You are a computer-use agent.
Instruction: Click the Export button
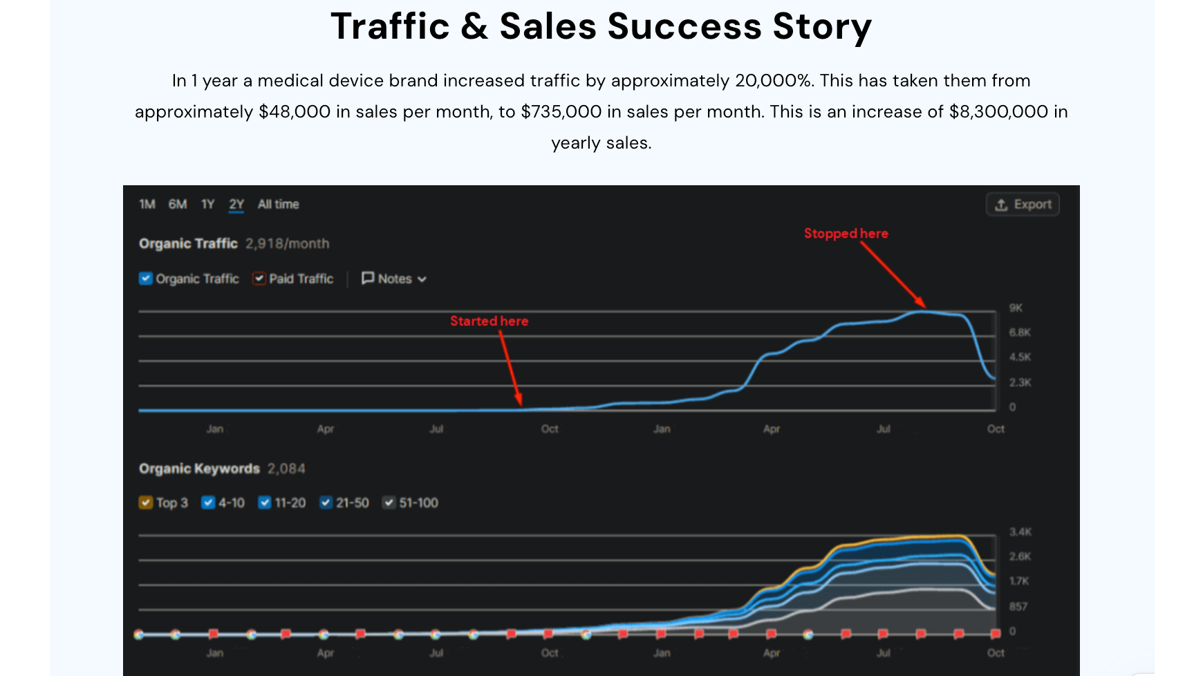pyautogui.click(x=1023, y=205)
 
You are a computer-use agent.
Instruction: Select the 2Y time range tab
pyautogui.click(x=236, y=205)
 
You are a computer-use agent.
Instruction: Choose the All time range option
pyautogui.click(x=278, y=205)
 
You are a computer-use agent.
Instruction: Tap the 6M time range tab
pyautogui.click(x=178, y=205)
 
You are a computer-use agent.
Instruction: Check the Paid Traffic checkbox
pyautogui.click(x=259, y=279)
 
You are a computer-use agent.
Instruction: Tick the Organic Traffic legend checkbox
pyautogui.click(x=146, y=279)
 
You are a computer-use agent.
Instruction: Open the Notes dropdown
pyautogui.click(x=394, y=279)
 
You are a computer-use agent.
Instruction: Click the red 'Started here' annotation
pyautogui.click(x=489, y=321)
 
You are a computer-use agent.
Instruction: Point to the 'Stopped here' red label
pyautogui.click(x=846, y=234)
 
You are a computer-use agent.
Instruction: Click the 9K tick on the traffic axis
pyautogui.click(x=1015, y=308)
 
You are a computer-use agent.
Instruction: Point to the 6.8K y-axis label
pyautogui.click(x=1019, y=332)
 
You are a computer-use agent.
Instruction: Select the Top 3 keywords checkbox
pyautogui.click(x=146, y=503)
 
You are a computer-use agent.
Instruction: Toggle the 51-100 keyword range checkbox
pyautogui.click(x=389, y=503)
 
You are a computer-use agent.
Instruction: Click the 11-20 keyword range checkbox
pyautogui.click(x=265, y=503)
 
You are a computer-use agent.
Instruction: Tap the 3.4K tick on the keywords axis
pyautogui.click(x=1020, y=532)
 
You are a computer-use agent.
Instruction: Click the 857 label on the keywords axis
pyautogui.click(x=1018, y=606)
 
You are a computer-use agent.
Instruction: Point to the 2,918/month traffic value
pyautogui.click(x=287, y=244)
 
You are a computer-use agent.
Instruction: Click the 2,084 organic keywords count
pyautogui.click(x=286, y=469)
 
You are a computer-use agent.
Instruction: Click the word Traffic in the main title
pyautogui.click(x=391, y=27)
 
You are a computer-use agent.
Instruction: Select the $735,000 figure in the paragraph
pyautogui.click(x=561, y=112)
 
